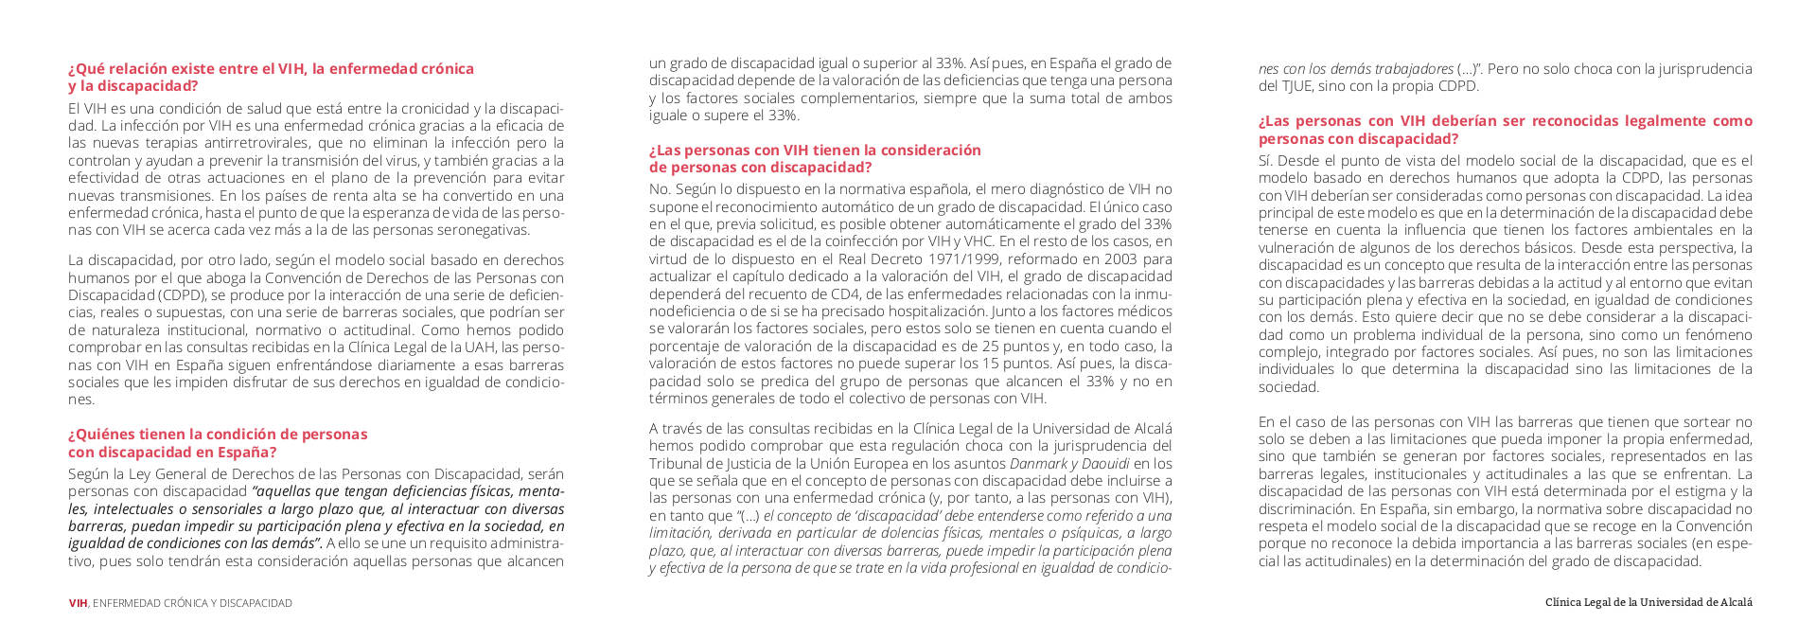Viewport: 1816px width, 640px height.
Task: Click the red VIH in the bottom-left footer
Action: [78, 603]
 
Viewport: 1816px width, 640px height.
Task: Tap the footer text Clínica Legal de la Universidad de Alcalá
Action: [1649, 602]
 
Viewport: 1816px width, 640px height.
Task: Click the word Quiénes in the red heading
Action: [109, 435]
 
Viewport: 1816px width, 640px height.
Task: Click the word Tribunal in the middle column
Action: [677, 464]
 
